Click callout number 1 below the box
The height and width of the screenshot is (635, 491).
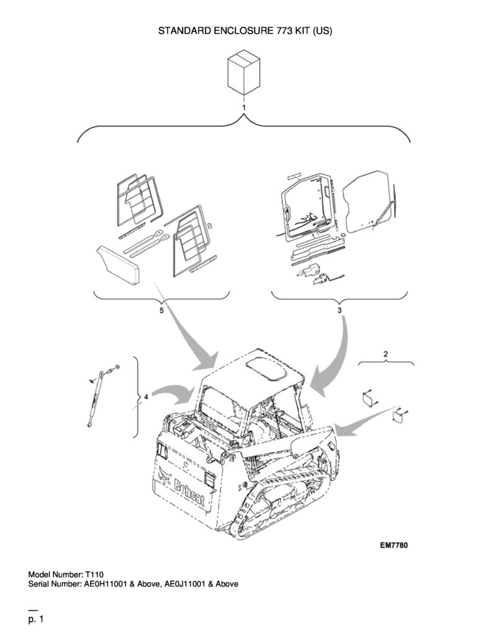(x=243, y=108)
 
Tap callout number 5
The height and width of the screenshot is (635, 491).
(x=161, y=310)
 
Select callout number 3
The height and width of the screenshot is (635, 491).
(x=340, y=310)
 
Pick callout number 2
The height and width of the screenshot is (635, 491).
(x=385, y=353)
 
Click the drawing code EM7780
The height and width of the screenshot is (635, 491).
(x=394, y=545)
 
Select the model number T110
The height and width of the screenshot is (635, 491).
(x=94, y=574)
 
